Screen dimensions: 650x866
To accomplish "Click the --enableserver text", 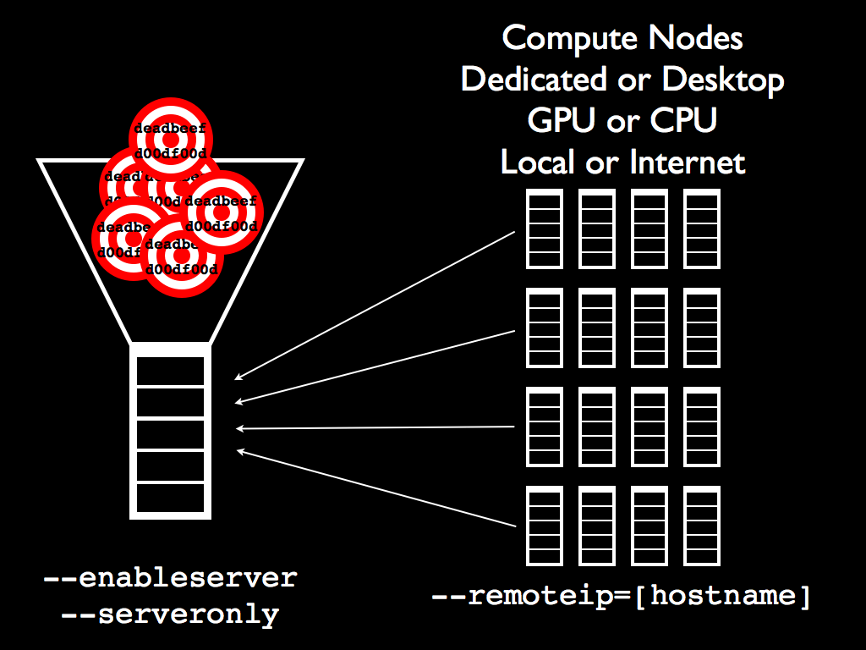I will pos(170,578).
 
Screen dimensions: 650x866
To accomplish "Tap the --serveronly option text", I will pos(170,614).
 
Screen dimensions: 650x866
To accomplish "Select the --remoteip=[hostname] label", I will pos(621,595).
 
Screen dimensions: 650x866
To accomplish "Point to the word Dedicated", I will pos(534,80).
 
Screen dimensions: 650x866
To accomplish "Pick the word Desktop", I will pos(723,80).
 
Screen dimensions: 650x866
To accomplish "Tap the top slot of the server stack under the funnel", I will pos(169,371).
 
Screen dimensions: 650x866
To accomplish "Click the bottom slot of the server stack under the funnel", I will pos(169,496).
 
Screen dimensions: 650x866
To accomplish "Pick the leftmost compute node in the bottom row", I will pos(545,526).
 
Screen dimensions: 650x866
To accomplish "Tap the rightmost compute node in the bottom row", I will pos(701,526).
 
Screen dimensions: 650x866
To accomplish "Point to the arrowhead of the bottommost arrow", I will pos(239,450).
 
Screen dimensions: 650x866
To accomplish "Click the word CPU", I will pos(683,120).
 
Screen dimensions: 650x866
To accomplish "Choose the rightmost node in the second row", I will pos(701,328).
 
